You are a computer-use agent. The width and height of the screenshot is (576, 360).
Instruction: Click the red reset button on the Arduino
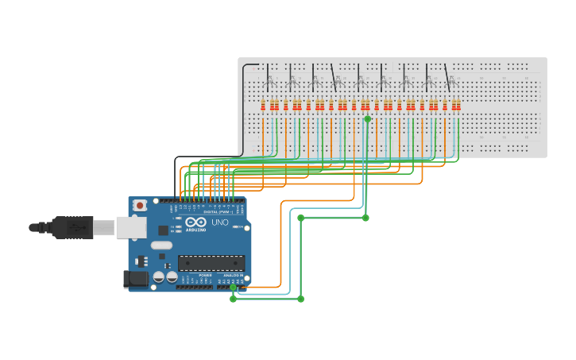[x=140, y=205]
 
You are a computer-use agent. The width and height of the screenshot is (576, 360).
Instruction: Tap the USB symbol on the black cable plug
[x=77, y=227]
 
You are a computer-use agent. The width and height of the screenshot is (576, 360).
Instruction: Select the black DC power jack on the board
[x=135, y=278]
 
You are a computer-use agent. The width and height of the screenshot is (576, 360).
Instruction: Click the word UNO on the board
[x=219, y=223]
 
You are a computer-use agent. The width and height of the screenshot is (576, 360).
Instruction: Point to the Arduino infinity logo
[x=195, y=222]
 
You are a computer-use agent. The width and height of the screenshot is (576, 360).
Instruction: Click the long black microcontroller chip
[x=211, y=263]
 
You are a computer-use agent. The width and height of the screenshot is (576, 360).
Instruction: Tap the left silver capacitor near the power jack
[x=159, y=277]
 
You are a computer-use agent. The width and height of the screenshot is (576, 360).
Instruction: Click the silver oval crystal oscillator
[x=161, y=246]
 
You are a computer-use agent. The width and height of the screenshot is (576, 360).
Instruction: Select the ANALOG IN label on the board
[x=232, y=275]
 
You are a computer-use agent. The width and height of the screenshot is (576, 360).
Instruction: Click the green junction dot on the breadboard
[x=367, y=118]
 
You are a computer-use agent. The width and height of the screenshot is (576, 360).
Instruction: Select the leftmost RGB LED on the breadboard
[x=269, y=82]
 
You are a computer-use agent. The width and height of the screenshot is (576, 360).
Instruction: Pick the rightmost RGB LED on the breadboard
[x=450, y=82]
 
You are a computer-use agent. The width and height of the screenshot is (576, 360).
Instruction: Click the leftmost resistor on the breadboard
[x=263, y=105]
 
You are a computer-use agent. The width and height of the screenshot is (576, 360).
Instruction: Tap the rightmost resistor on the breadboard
[x=458, y=105]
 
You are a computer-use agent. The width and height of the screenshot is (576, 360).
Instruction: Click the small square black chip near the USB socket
[x=163, y=230]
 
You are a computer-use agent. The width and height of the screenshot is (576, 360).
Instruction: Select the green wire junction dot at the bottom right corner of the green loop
[x=300, y=299]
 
